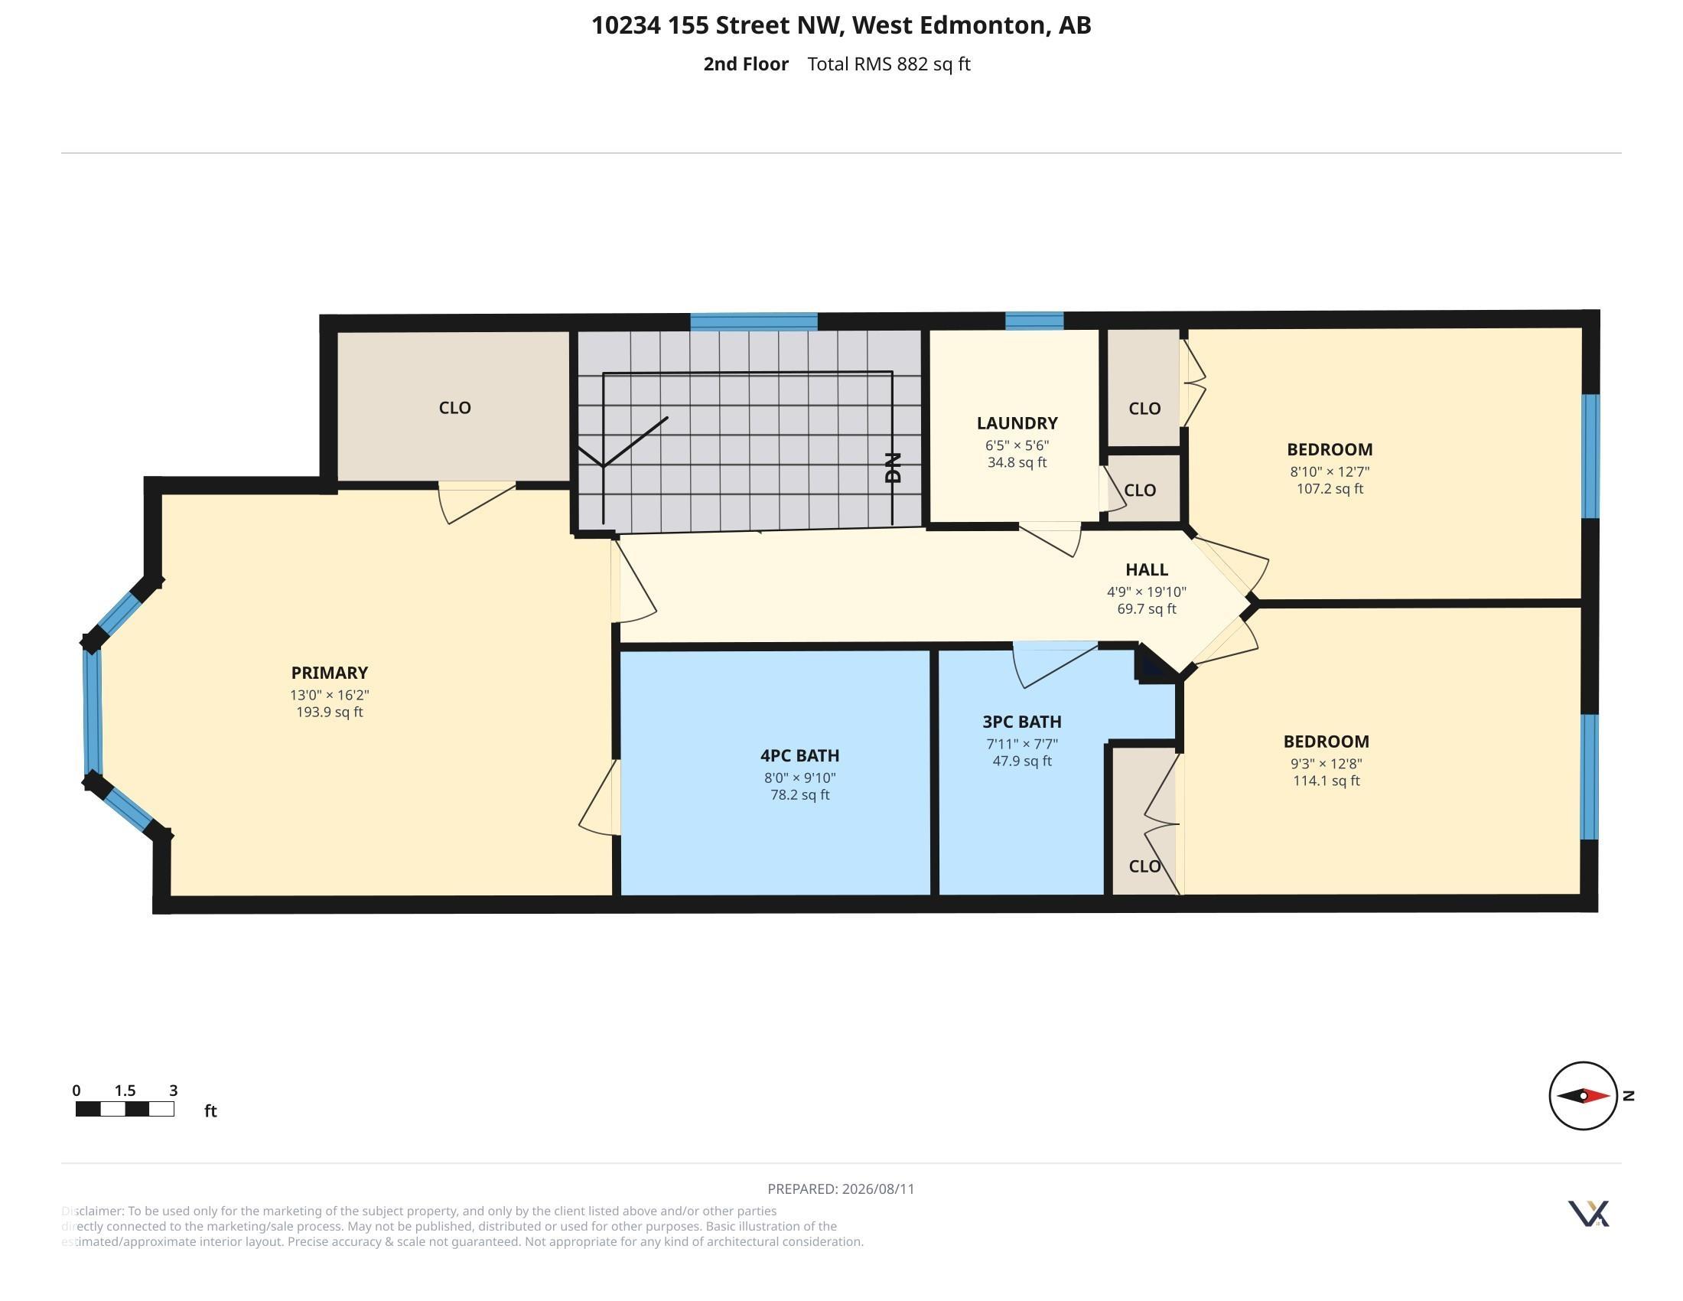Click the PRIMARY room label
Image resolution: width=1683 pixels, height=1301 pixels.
pyautogui.click(x=329, y=673)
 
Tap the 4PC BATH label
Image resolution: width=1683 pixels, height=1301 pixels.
pyautogui.click(x=800, y=756)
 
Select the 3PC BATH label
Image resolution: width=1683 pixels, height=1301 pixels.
pyautogui.click(x=1022, y=722)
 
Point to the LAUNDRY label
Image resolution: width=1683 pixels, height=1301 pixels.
pyautogui.click(x=1017, y=423)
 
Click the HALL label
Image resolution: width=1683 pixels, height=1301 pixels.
pyautogui.click(x=1147, y=570)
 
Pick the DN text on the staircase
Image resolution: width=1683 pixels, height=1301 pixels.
pyautogui.click(x=893, y=468)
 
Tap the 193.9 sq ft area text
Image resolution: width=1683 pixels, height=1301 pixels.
pyautogui.click(x=330, y=712)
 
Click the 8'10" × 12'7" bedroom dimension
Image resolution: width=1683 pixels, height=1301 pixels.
pyautogui.click(x=1330, y=471)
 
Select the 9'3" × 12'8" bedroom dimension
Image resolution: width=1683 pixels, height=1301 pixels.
pyautogui.click(x=1327, y=764)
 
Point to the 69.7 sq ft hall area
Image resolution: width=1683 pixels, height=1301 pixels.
pyautogui.click(x=1147, y=609)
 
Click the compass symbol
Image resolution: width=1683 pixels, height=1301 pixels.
pyautogui.click(x=1584, y=1095)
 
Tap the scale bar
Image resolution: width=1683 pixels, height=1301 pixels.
pyautogui.click(x=125, y=1109)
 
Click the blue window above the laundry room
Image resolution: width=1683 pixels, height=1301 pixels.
pyautogui.click(x=1034, y=321)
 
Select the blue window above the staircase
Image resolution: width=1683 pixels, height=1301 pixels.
pyautogui.click(x=754, y=322)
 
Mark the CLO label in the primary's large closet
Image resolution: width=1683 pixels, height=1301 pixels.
pyautogui.click(x=454, y=408)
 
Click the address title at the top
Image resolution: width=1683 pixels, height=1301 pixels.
pyautogui.click(x=841, y=25)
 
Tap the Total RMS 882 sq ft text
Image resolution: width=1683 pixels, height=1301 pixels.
pyautogui.click(x=889, y=64)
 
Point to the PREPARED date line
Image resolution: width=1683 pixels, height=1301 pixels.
pyautogui.click(x=841, y=1189)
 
